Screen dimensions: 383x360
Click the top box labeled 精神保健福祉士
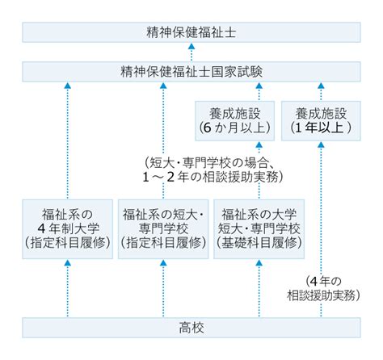[x=191, y=32]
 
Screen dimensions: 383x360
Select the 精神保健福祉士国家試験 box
[x=191, y=72]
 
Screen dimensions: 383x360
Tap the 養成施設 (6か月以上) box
[x=234, y=121]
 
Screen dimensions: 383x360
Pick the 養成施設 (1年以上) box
[x=321, y=121]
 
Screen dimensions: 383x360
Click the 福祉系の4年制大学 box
[x=67, y=229]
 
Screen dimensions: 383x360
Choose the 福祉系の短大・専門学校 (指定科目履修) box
[x=163, y=229]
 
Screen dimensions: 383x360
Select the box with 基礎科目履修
[x=259, y=229]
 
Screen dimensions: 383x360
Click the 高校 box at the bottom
[x=191, y=328]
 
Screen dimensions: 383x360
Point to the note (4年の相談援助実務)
[x=323, y=288]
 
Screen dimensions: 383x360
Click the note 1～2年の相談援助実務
[x=213, y=178]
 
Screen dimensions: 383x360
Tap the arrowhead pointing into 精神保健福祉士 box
[x=191, y=46]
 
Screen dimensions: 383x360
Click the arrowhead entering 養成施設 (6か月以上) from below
[x=259, y=144]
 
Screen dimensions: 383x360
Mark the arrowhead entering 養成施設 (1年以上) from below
[x=321, y=144]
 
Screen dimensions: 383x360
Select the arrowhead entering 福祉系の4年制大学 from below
[x=67, y=263]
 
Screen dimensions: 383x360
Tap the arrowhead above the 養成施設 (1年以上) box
[x=321, y=86]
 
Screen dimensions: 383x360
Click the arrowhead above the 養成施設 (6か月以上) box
[x=259, y=86]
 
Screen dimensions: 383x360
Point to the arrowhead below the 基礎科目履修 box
[x=259, y=263]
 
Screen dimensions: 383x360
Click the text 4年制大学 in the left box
[x=69, y=228]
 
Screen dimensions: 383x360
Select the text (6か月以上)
[x=234, y=128]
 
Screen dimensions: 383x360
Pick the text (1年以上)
[x=321, y=128]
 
